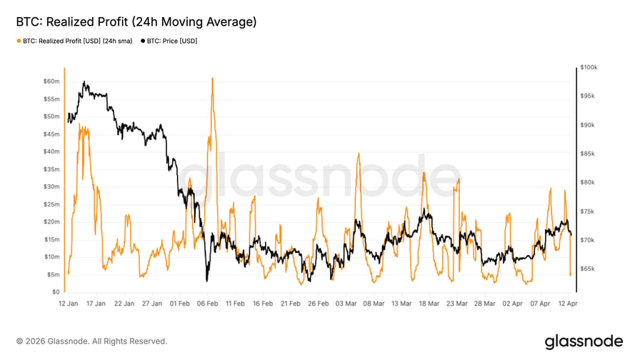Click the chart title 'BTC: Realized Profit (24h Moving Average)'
click(x=136, y=22)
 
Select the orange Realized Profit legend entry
click(x=74, y=41)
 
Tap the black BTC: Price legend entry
click(x=169, y=41)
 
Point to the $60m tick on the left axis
click(x=51, y=81)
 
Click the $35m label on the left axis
click(x=51, y=169)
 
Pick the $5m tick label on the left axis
click(x=53, y=274)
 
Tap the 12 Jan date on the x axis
click(x=68, y=304)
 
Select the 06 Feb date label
click(x=207, y=304)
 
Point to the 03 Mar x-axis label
click(x=346, y=304)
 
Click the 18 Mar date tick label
click(x=429, y=304)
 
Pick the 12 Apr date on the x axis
click(x=568, y=304)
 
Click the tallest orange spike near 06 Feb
click(x=212, y=78)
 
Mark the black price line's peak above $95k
click(x=85, y=82)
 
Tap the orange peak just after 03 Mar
click(x=359, y=154)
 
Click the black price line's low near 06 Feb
click(x=206, y=281)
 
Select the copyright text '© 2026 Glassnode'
click(x=91, y=341)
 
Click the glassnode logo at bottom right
click(x=584, y=341)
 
